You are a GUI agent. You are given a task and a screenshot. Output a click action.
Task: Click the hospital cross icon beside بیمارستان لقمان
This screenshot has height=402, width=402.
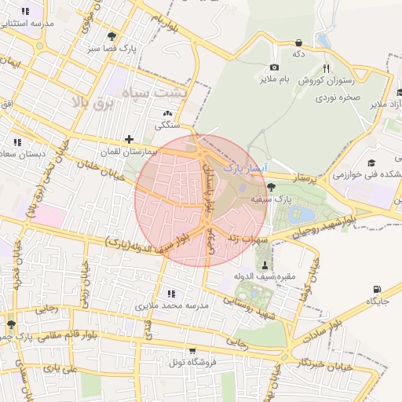pyautogui.click(x=129, y=139)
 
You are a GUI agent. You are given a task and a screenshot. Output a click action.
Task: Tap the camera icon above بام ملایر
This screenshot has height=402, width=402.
pyautogui.click(x=274, y=68)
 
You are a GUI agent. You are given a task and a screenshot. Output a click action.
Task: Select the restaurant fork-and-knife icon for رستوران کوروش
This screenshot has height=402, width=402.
pyautogui.click(x=326, y=68)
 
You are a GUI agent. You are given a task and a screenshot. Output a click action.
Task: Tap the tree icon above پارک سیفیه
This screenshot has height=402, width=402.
pyautogui.click(x=271, y=187)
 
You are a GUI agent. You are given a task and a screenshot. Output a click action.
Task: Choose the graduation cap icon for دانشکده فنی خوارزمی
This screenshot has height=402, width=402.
pyautogui.click(x=371, y=163)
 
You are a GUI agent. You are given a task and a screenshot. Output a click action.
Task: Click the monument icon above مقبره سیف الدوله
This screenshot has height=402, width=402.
pyautogui.click(x=264, y=264)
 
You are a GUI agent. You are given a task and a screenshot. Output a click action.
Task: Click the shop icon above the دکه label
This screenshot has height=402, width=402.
pyautogui.click(x=298, y=42)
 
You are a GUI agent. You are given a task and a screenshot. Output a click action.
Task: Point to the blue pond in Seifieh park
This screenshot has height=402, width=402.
pyautogui.click(x=301, y=214)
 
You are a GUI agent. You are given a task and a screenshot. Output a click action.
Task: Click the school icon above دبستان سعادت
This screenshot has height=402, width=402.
pyautogui.click(x=17, y=142)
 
